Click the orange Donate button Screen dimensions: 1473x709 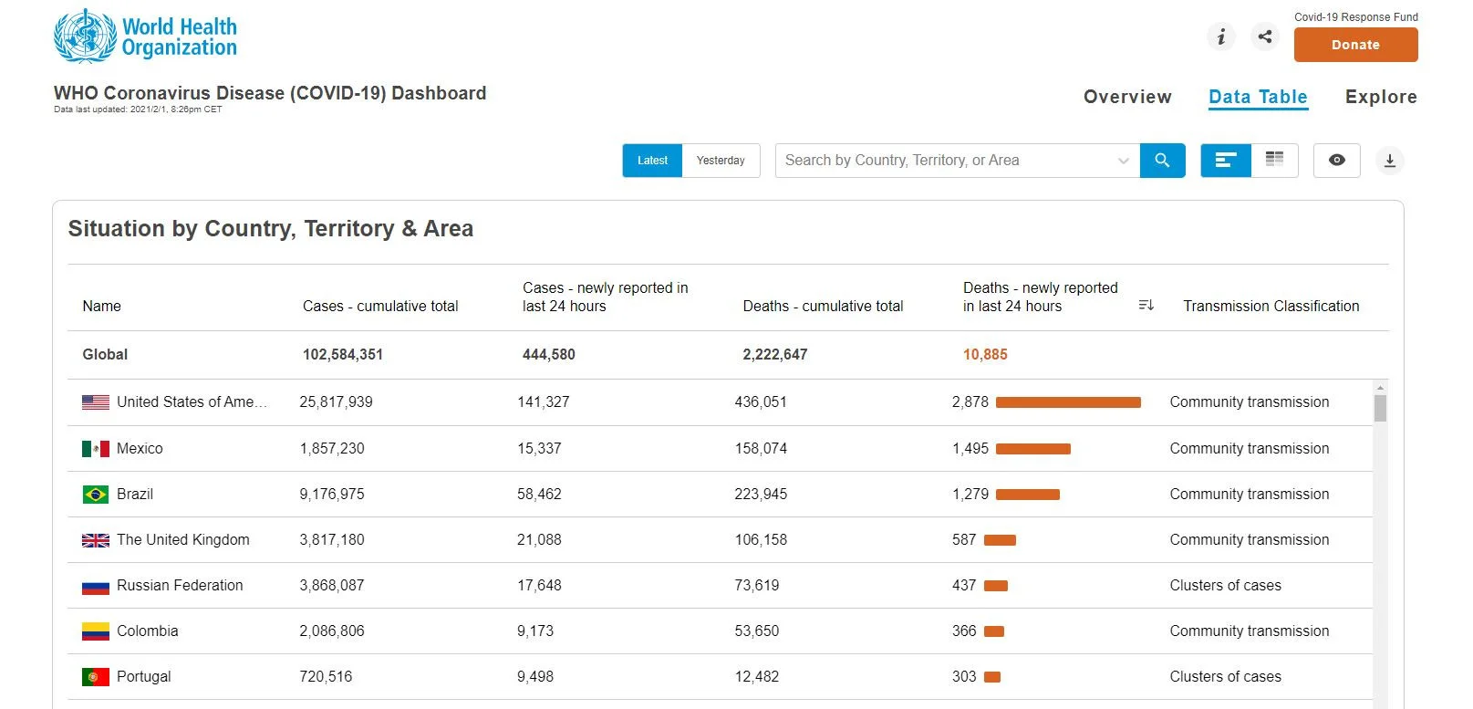(x=1355, y=45)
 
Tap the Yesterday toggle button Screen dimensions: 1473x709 (x=721, y=161)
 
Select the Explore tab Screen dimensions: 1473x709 (x=1381, y=97)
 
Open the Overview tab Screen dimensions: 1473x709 (x=1127, y=97)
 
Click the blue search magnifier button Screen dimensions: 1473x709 (x=1162, y=161)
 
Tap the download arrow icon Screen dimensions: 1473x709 (x=1389, y=161)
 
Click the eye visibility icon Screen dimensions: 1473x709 (x=1337, y=160)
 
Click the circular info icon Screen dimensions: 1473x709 (x=1221, y=36)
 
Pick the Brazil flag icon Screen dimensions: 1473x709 (x=96, y=494)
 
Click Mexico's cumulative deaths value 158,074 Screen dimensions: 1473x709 (x=761, y=449)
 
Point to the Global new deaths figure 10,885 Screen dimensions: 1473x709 (x=985, y=354)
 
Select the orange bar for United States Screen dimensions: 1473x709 (x=1068, y=402)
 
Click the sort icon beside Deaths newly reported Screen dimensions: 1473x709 (x=1146, y=305)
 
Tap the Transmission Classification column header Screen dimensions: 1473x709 (x=1271, y=306)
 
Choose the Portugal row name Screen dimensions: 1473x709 (x=143, y=676)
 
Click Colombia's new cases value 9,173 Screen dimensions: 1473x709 (x=535, y=631)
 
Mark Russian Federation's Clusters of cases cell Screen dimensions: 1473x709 (x=1225, y=585)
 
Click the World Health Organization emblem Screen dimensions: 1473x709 (x=85, y=36)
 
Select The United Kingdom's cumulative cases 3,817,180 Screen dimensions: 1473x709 (x=331, y=540)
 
